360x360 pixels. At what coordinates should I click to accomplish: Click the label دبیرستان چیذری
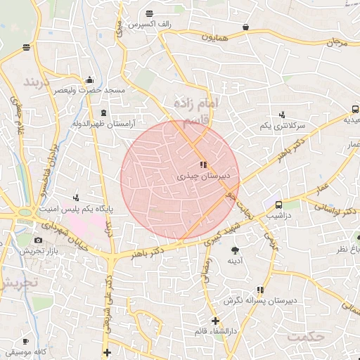(205, 176)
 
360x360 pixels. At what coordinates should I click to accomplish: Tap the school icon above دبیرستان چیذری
(204, 165)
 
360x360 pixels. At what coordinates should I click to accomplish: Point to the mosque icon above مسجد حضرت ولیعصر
(89, 79)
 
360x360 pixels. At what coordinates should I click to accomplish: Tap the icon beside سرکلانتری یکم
(282, 114)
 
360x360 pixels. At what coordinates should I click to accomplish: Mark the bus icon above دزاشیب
(279, 205)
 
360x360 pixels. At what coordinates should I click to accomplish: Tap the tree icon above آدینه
(235, 249)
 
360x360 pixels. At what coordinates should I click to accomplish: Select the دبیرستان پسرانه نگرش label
(259, 300)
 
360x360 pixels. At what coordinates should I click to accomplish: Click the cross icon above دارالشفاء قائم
(215, 321)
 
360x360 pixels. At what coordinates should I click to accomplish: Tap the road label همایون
(214, 36)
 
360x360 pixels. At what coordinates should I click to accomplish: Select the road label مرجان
(337, 42)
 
